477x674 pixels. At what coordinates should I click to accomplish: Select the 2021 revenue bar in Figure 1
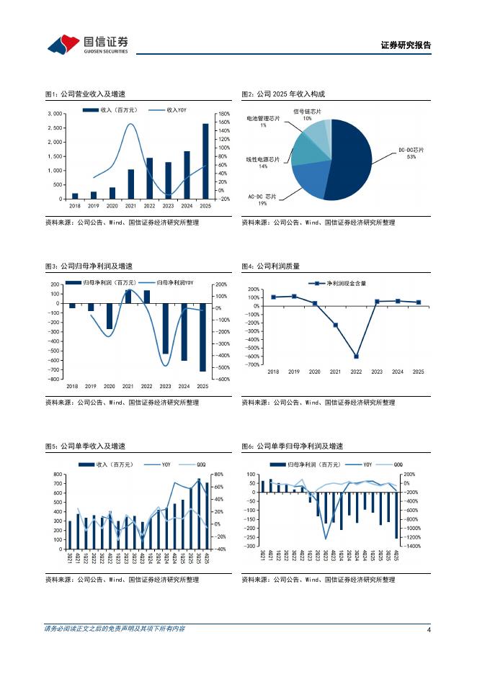(131, 184)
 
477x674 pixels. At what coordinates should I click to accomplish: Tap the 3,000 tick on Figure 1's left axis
(55, 114)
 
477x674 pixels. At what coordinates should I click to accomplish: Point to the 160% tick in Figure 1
(223, 122)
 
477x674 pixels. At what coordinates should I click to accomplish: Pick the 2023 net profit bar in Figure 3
(166, 328)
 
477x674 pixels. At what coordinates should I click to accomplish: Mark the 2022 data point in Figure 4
(356, 356)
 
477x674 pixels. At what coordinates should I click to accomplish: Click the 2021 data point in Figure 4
(335, 325)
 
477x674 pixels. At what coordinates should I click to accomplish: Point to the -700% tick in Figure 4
(252, 364)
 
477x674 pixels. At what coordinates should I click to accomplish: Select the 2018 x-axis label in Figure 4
(273, 372)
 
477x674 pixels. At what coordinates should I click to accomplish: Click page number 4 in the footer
(429, 630)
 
